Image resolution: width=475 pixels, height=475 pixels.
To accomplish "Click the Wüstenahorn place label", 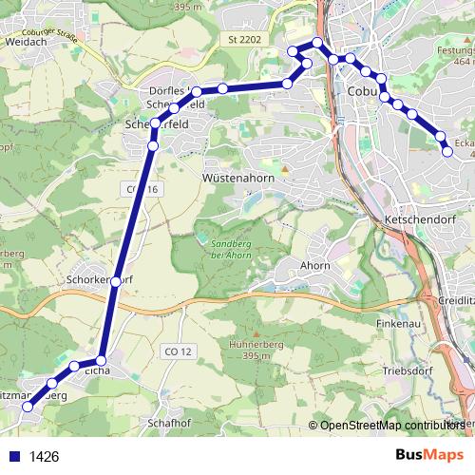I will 238,177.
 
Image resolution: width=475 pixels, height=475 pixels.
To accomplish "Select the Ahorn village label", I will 314,266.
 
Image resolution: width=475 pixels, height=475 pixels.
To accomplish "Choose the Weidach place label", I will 27,43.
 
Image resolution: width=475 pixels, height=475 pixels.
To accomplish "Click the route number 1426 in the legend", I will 45,457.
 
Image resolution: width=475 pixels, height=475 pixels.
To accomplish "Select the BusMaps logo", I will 427,455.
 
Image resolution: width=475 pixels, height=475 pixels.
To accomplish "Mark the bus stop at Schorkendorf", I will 116,281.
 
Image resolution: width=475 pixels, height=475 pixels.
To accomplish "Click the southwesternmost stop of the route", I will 27,407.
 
